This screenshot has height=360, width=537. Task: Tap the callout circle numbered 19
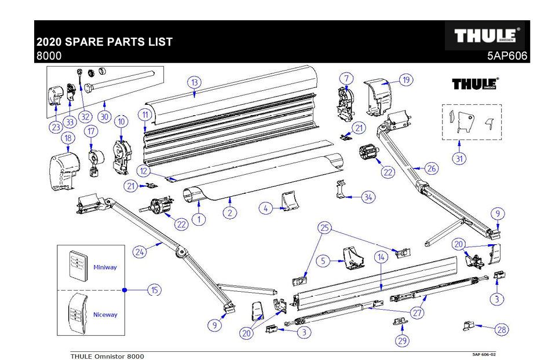coord(406,80)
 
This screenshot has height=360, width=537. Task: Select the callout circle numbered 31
coord(459,159)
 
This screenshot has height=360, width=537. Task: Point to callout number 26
coord(431,168)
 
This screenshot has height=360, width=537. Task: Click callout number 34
coord(368,197)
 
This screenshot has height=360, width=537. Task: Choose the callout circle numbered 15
coord(154,290)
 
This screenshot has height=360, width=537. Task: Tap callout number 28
coord(502,329)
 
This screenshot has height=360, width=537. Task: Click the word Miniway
coord(105,267)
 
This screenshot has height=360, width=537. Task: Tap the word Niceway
coord(105,315)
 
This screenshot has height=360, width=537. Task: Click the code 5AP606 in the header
coord(507,56)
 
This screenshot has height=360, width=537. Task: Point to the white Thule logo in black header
coord(484,36)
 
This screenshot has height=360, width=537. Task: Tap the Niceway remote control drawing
coord(76,313)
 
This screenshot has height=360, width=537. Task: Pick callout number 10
coord(121,122)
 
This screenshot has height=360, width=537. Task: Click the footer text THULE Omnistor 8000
coord(107,356)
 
